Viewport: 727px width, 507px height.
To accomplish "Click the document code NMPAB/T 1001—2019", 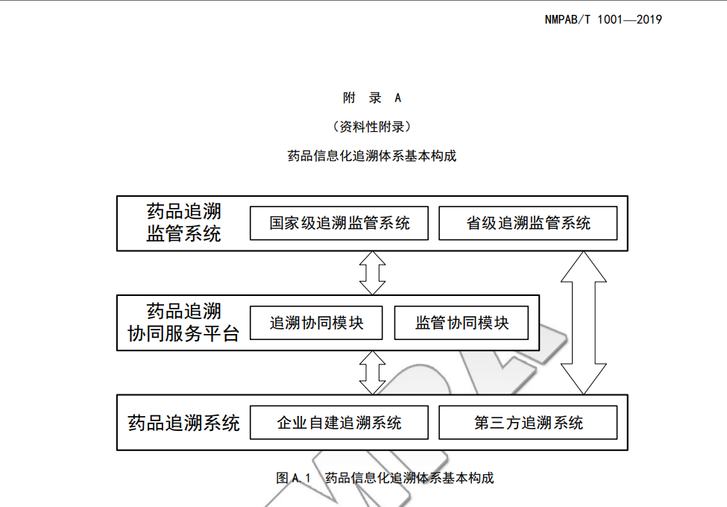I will pos(603,19).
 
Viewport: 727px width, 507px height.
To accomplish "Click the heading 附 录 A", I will pos(371,98).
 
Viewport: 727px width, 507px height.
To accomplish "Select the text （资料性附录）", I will pos(371,127).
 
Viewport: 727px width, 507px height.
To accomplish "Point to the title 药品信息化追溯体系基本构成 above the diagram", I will pos(371,156).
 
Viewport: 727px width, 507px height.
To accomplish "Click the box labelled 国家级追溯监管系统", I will pos(339,223).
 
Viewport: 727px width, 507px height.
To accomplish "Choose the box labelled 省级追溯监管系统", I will pos(528,223).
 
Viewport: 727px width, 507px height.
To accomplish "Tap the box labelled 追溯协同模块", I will pos(316,323).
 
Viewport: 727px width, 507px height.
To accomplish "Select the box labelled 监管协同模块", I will pos(462,323).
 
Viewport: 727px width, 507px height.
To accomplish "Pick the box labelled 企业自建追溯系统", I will pos(339,423).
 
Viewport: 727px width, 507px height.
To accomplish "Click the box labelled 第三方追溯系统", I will pos(528,423).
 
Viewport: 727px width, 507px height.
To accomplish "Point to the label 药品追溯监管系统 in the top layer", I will pos(183,222).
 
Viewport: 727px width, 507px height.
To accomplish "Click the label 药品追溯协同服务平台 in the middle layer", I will pos(183,322).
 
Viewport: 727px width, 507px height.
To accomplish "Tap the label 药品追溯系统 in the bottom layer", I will pos(183,423).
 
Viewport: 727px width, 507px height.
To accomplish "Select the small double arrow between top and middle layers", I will pos(372,273).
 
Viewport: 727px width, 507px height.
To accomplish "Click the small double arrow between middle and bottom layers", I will pos(372,373).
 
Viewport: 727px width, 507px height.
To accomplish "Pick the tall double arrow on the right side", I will pos(583,322).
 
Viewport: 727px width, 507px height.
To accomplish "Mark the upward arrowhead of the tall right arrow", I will pos(583,265).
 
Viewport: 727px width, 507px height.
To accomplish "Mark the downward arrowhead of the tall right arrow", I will pos(583,380).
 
